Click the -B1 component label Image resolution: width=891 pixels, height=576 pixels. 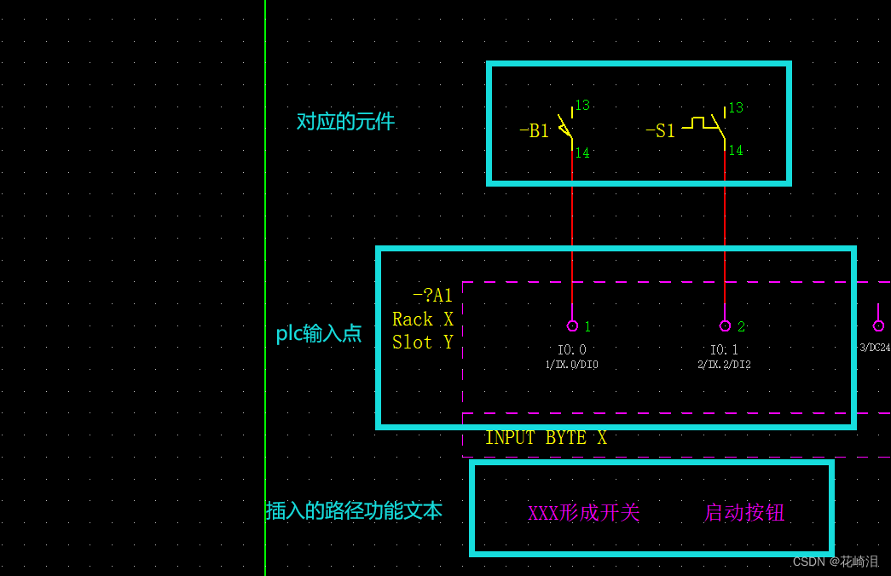[534, 131]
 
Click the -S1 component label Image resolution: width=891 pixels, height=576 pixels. [660, 131]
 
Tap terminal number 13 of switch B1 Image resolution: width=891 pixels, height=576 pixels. [582, 106]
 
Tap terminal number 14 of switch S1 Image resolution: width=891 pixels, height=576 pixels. [735, 151]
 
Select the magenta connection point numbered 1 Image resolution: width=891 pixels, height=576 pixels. [572, 325]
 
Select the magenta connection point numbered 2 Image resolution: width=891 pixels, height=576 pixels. [725, 325]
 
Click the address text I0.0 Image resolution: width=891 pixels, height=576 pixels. [572, 349]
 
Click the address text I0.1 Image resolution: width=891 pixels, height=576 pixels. [724, 349]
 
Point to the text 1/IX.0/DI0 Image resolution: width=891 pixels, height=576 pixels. [571, 365]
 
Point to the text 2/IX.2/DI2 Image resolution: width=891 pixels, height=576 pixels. [724, 365]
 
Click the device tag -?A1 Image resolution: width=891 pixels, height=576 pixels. [432, 296]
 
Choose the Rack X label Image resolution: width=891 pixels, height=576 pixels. [422, 320]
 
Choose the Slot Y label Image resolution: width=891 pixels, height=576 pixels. [422, 343]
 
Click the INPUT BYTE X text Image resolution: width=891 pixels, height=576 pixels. [546, 438]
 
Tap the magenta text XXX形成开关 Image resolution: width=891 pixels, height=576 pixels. [584, 513]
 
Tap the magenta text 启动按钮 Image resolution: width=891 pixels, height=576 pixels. [743, 512]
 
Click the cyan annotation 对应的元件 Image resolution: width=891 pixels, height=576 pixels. [345, 121]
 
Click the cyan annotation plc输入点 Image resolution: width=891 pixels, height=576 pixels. [319, 333]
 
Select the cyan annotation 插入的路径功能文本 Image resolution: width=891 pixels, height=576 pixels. [354, 510]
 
